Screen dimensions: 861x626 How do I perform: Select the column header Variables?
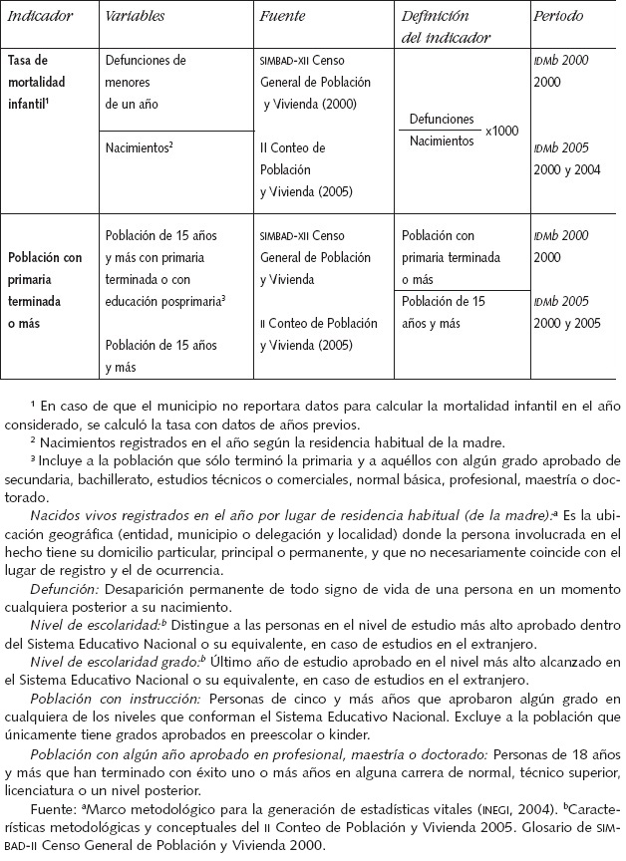pos(137,18)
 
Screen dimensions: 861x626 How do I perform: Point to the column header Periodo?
pos(559,18)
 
